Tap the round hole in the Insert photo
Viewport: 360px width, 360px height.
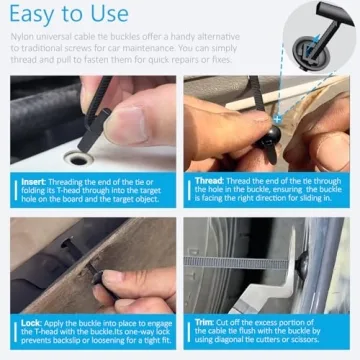point(74,158)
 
